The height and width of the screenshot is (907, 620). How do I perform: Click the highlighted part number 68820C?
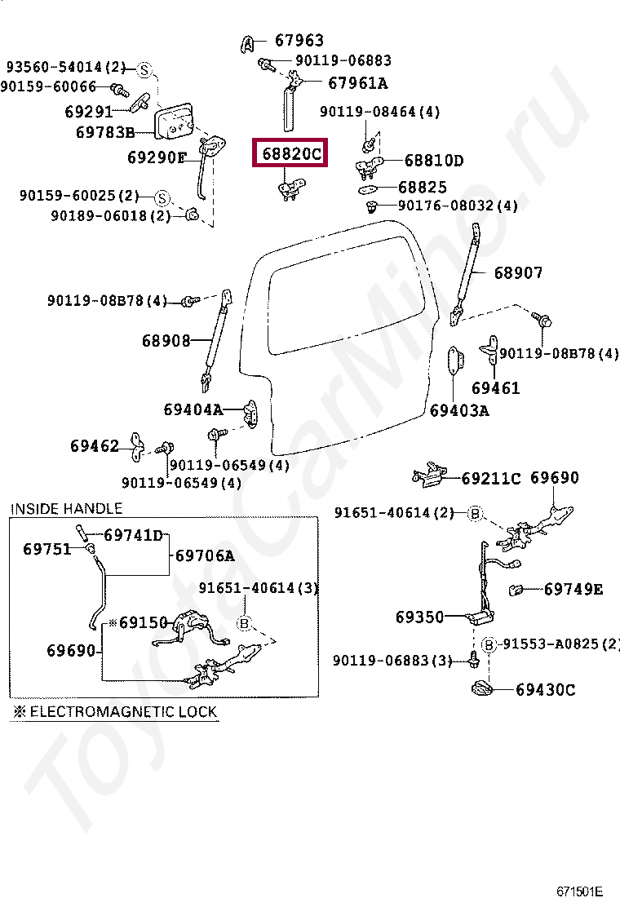tap(292, 153)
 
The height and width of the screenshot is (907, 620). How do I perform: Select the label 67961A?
tap(357, 82)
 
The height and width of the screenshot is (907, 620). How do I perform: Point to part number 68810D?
tap(433, 161)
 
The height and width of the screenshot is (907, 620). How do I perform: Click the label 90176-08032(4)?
tap(458, 206)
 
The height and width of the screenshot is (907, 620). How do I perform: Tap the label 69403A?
tap(459, 410)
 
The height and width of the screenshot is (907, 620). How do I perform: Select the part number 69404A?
tap(193, 409)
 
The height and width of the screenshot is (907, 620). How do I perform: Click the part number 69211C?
tap(491, 478)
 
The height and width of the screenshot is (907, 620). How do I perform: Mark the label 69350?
tap(420, 617)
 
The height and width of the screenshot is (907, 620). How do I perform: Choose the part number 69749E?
tap(573, 588)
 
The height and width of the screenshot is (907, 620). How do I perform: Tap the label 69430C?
tap(545, 690)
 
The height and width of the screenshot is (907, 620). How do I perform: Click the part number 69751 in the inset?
tap(47, 549)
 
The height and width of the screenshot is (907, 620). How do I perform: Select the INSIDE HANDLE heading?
tap(66, 508)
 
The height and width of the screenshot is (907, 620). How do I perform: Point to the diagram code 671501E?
tap(580, 891)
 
